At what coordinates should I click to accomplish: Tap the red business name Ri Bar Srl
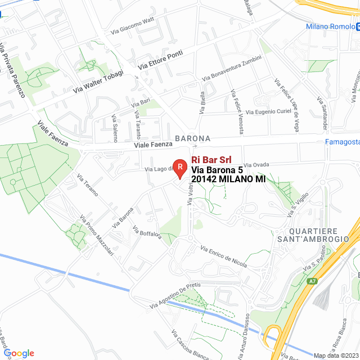pos(212,159)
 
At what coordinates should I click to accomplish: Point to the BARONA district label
pos(192,138)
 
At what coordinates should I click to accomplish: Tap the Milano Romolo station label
pos(330,26)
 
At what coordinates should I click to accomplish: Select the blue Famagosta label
pos(342,142)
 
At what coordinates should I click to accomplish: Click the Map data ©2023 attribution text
pos(335,355)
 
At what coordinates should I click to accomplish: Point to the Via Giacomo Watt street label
pos(133,25)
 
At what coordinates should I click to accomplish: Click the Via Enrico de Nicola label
pos(223,255)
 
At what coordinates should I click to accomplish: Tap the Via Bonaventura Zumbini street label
pos(231,67)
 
